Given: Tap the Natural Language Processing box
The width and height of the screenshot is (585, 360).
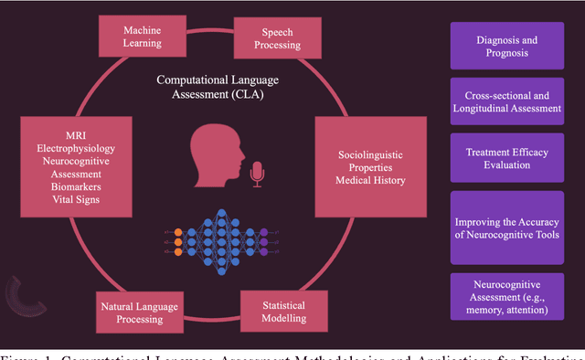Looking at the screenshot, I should [x=140, y=312].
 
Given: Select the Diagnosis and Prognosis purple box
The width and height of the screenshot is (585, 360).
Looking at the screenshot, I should [x=508, y=46].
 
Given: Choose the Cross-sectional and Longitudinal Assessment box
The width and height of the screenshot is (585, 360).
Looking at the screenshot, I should [x=508, y=101].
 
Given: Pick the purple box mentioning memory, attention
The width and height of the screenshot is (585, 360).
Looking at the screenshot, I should [x=508, y=296].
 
